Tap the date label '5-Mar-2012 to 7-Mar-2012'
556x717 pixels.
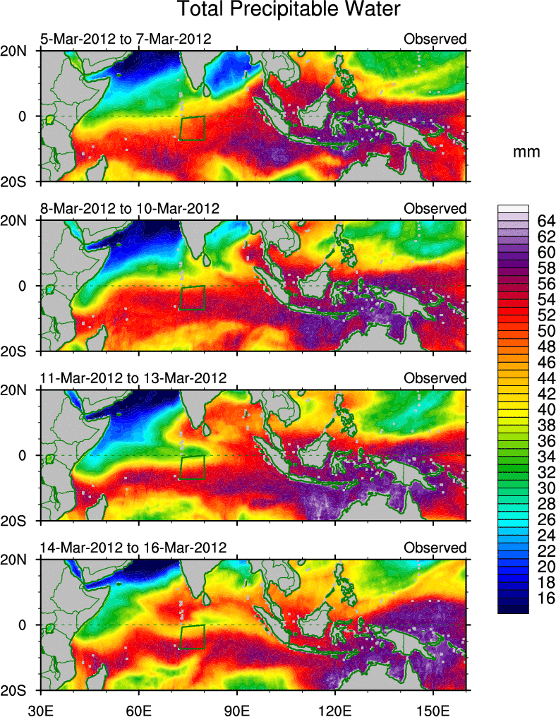click(126, 39)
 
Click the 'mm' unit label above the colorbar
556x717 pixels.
click(527, 152)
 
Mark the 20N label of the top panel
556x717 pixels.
click(18, 52)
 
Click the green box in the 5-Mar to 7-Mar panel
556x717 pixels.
click(193, 128)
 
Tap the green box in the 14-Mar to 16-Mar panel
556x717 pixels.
click(192, 637)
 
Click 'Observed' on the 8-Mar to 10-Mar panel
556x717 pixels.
click(435, 208)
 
